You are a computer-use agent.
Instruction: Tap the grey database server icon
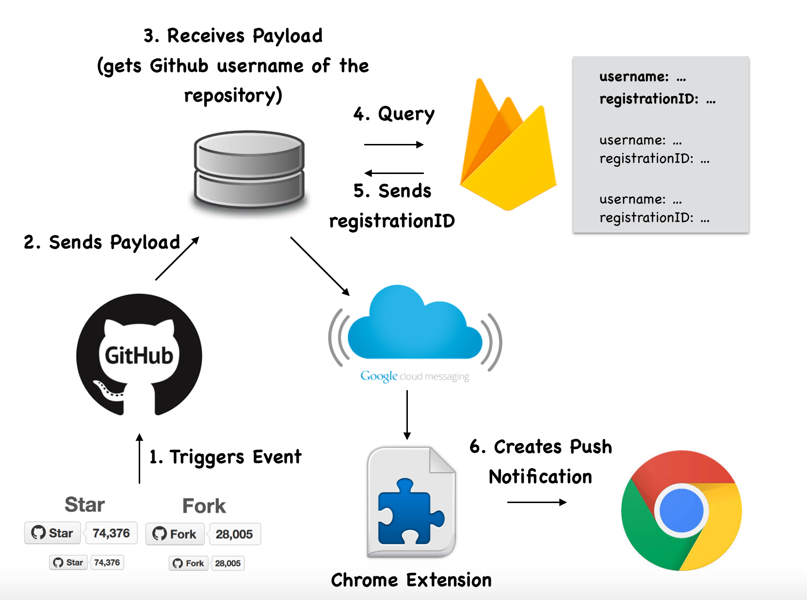pos(249,170)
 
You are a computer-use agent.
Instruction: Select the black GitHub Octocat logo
pos(139,355)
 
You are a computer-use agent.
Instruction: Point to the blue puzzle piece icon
pos(410,511)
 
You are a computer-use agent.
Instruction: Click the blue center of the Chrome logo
pos(681,510)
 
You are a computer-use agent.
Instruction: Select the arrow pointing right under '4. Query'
pos(394,144)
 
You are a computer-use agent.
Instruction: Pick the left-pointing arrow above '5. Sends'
pos(394,173)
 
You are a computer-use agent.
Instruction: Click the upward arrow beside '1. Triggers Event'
pos(140,458)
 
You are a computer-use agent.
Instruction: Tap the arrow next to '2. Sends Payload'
pos(177,259)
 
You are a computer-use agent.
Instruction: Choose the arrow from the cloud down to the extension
pos(407,415)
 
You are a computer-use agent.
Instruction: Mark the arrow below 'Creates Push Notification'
pos(536,502)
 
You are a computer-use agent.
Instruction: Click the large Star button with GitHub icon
pos(52,533)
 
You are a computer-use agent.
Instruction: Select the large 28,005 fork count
pos(234,534)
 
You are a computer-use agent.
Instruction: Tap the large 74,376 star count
pos(111,533)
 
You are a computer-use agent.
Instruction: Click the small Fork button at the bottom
pos(189,563)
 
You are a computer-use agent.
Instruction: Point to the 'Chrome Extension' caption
pos(411,580)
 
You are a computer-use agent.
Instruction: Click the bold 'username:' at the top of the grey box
pos(634,77)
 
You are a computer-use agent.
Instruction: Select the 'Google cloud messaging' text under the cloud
pos(415,376)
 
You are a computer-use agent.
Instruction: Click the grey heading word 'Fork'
pos(204,506)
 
